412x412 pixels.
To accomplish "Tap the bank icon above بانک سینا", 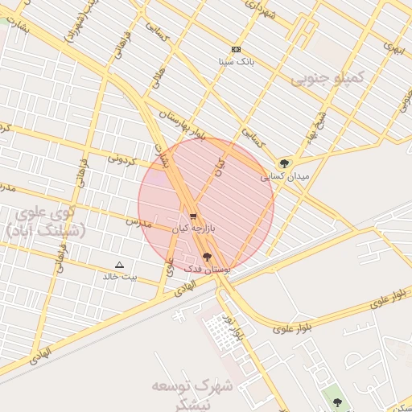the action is click(235, 50).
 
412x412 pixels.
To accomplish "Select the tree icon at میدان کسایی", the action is click(284, 164).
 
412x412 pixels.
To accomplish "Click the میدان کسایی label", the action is click(277, 177).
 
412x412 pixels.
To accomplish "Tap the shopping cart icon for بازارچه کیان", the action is click(193, 217).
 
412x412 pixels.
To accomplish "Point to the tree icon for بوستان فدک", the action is click(208, 257).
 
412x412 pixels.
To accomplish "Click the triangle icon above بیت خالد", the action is click(120, 265).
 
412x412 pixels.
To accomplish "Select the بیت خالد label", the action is click(120, 277).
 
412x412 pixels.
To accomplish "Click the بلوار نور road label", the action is click(233, 328).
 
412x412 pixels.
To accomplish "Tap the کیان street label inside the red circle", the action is click(218, 167).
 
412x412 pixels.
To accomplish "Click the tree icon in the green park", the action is click(336, 402).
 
